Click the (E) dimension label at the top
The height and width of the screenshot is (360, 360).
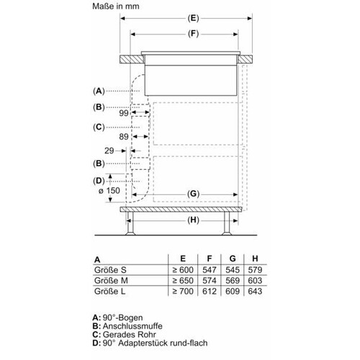pyautogui.click(x=193, y=19)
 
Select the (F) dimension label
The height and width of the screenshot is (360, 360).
pyautogui.click(x=193, y=34)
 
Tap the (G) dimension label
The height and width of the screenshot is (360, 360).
pyautogui.click(x=193, y=194)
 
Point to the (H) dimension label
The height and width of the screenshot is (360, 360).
pyautogui.click(x=193, y=220)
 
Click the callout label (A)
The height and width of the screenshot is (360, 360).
pyautogui.click(x=99, y=91)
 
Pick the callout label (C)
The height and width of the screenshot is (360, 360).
pyautogui.click(x=99, y=127)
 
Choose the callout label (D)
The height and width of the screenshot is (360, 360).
pyautogui.click(x=99, y=181)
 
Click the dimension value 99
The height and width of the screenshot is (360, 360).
pyautogui.click(x=124, y=113)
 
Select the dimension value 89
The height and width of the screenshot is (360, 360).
pyautogui.click(x=124, y=137)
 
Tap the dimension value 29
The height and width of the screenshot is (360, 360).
pyautogui.click(x=109, y=150)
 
